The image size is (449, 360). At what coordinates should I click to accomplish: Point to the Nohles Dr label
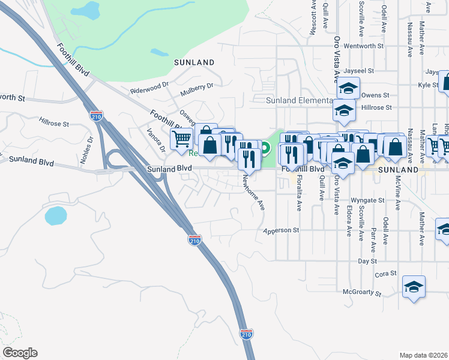pyautogui.click(x=91, y=147)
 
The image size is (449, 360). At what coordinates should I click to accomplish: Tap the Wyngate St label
pyautogui.click(x=367, y=200)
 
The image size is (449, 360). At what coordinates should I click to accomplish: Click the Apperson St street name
pyautogui.click(x=282, y=230)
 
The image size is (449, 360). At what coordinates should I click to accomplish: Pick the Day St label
pyautogui.click(x=367, y=262)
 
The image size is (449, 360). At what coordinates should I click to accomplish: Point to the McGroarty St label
pyautogui.click(x=362, y=293)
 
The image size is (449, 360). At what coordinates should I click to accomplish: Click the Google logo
pyautogui.click(x=20, y=353)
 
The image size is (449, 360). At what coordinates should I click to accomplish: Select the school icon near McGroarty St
pyautogui.click(x=414, y=286)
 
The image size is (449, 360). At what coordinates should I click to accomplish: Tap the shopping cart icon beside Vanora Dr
pyautogui.click(x=181, y=139)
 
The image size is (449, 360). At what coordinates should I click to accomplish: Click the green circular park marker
pyautogui.click(x=265, y=146)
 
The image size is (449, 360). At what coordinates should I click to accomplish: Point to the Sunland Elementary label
pyautogui.click(x=300, y=100)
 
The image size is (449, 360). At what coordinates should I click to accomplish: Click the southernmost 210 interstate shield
pyautogui.click(x=246, y=334)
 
